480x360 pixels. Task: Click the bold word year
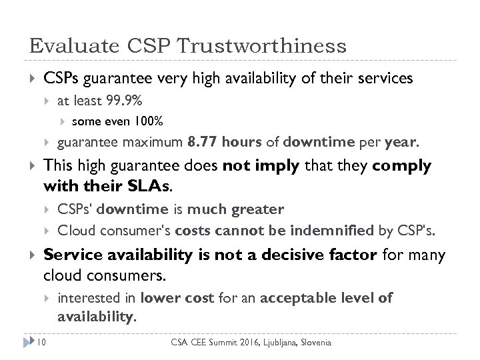click(402, 142)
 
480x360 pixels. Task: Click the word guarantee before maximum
click(84, 142)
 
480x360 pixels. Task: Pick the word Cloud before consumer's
click(73, 231)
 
